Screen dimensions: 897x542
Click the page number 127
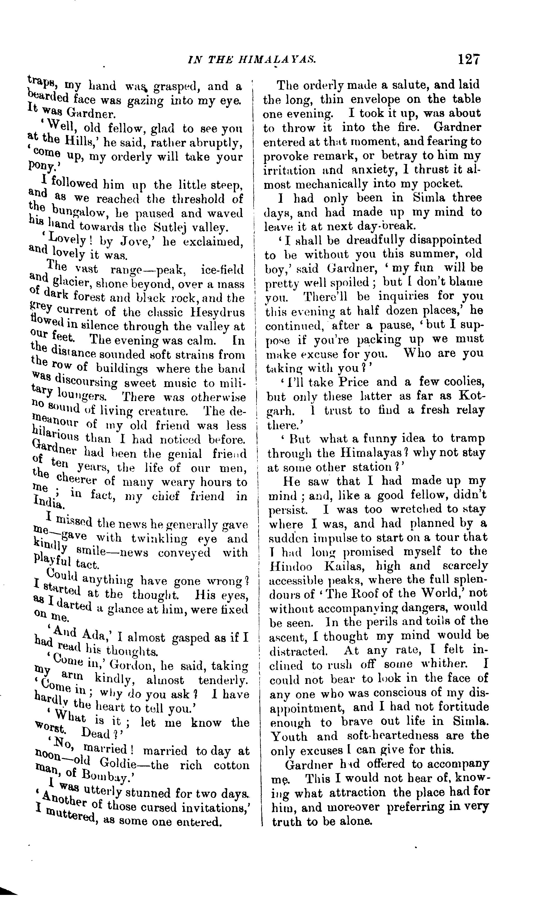[x=470, y=59]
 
